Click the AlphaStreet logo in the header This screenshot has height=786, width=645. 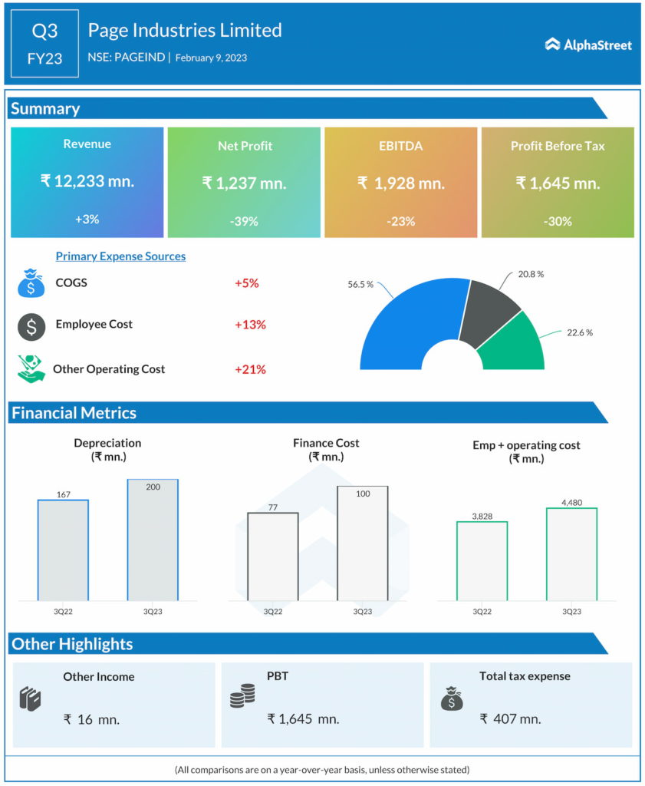point(588,45)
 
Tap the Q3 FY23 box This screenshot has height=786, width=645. point(44,44)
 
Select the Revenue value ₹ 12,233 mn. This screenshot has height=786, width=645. point(87,181)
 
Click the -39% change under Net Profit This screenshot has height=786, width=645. point(244,221)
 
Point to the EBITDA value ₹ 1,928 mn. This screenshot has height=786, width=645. point(400,183)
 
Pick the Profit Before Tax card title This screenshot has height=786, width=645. point(558,145)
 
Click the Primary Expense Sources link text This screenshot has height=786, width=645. point(120,256)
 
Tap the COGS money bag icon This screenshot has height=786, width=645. point(31,283)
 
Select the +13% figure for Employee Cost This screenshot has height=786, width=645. point(250,325)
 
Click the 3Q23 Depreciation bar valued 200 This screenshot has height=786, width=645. point(153,540)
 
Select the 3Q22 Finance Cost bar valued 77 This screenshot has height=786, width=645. point(272,558)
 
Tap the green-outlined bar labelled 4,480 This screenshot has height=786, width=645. point(571,554)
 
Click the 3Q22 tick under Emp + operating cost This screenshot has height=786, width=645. point(482,612)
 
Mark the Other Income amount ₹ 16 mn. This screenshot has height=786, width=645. point(92,719)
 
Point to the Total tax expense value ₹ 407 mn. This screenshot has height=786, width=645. point(510,719)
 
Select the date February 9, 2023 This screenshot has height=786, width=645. point(211,58)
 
